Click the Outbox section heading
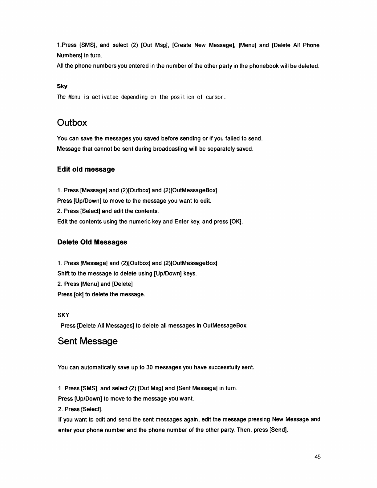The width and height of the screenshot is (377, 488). [72, 123]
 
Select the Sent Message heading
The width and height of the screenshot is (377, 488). [87, 341]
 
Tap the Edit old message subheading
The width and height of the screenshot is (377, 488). [86, 169]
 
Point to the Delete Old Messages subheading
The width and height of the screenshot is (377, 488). [92, 242]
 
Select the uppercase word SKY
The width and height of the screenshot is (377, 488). [63, 315]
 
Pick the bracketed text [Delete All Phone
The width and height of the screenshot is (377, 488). [295, 46]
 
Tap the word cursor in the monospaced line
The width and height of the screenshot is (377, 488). [215, 97]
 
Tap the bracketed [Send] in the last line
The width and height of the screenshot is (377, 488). [278, 430]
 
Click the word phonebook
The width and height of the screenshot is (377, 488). [264, 66]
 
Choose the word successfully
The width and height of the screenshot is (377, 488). [224, 368]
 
